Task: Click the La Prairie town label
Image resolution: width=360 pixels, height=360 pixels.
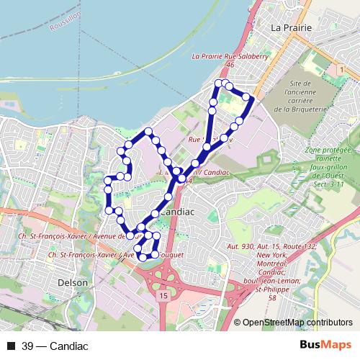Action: pos(292,27)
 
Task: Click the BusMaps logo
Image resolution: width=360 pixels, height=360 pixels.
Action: pos(330,346)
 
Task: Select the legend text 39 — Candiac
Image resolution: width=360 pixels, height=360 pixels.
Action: pos(55,346)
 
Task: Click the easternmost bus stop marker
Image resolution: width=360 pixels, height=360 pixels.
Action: pos(247,96)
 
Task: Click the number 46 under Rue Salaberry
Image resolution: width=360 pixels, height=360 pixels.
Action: pos(230,65)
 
